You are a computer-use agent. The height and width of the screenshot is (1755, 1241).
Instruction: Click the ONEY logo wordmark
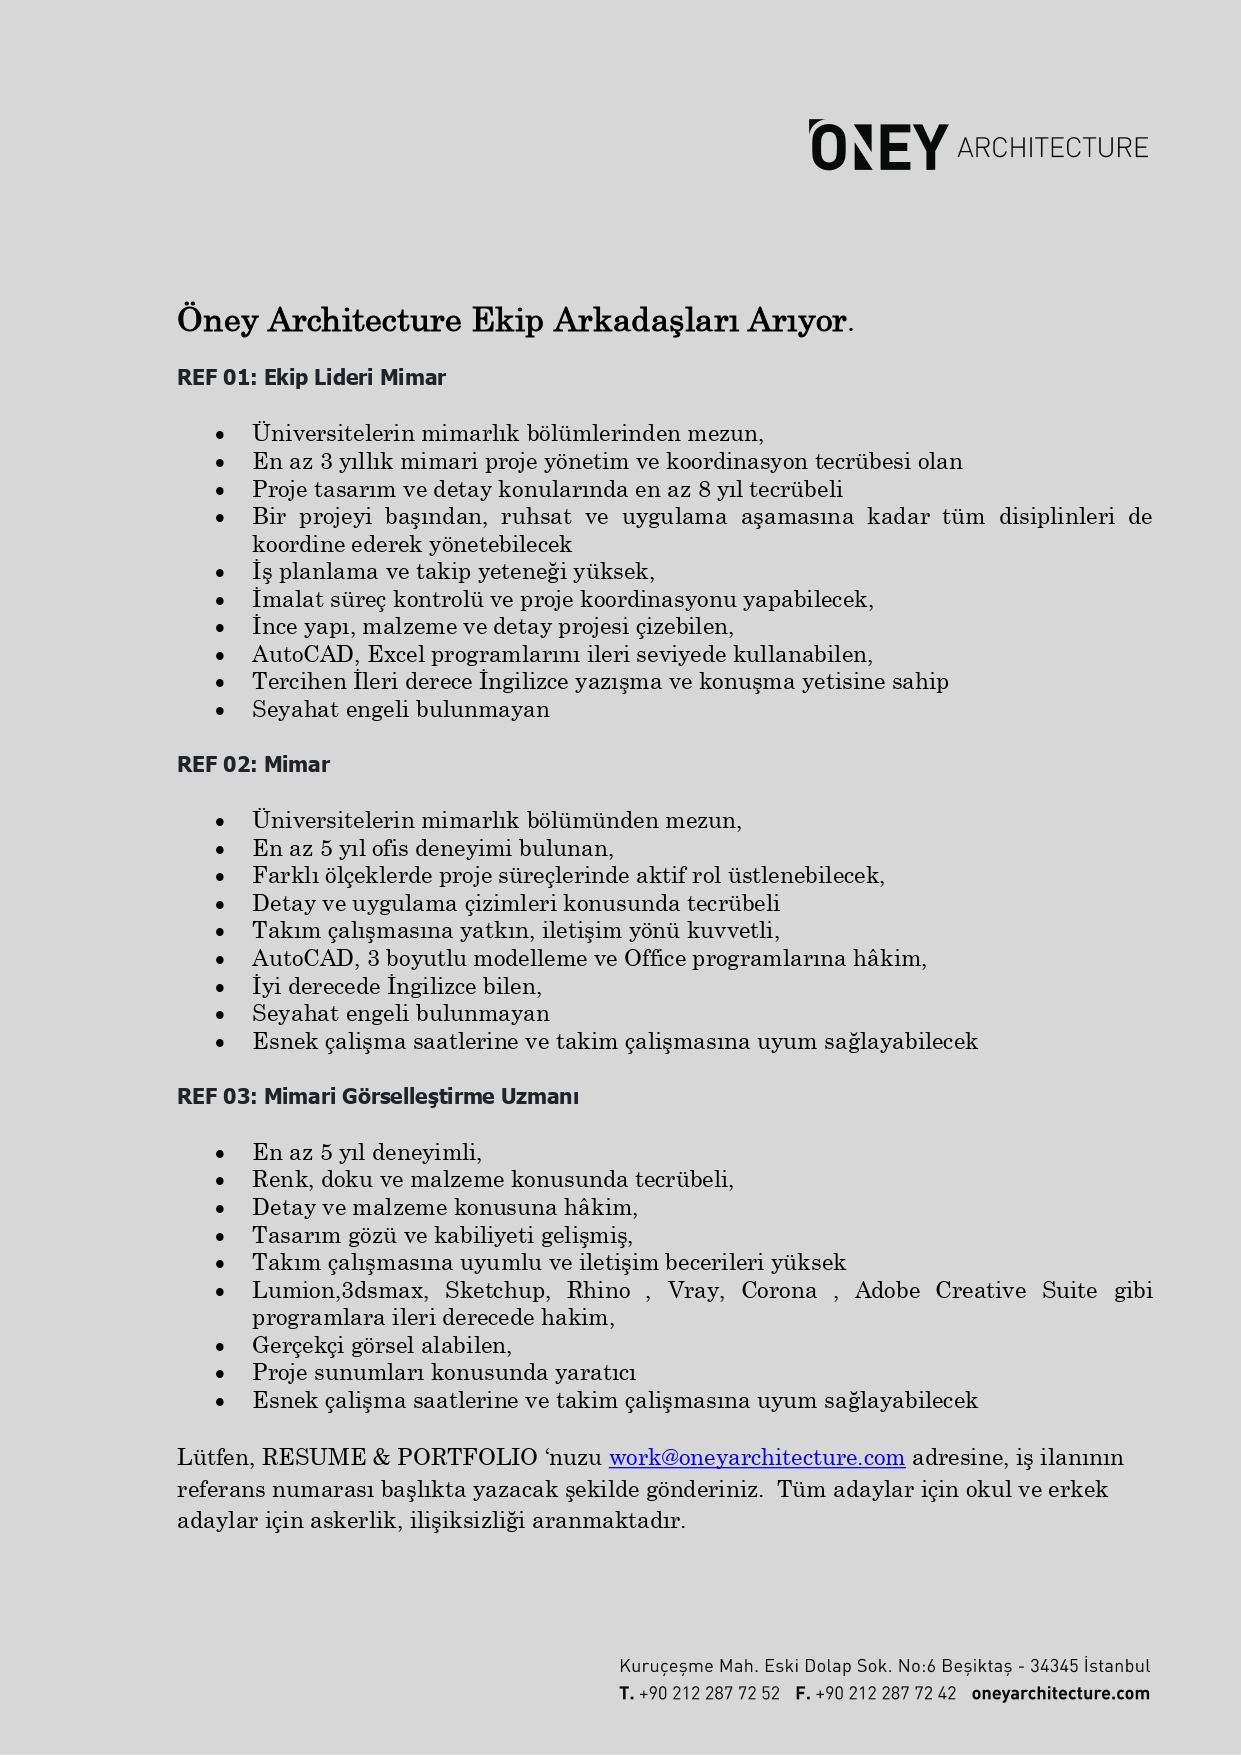pos(878,147)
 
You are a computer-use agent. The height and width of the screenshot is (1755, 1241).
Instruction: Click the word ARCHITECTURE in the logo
pos(1052,148)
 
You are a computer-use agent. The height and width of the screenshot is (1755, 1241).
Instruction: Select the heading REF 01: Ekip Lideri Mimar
pos(311,378)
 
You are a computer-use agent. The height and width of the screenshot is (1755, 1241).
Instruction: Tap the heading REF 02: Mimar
pos(253,765)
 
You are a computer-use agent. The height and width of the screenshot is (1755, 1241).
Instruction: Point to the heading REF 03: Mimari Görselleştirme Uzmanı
pos(377,1097)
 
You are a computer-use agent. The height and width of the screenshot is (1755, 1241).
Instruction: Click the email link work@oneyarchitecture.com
pos(756,1458)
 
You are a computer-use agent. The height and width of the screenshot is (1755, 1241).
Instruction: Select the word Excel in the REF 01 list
pos(396,655)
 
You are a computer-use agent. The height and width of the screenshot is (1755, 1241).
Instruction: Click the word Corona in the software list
pos(779,1291)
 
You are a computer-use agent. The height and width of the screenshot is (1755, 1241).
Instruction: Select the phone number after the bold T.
pos(709,1694)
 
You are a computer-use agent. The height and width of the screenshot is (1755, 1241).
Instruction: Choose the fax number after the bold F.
pos(885,1694)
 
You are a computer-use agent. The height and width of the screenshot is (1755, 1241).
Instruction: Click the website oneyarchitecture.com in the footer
pos(1060,1694)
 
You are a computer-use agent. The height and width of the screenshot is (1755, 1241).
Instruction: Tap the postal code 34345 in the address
pos(1054,1667)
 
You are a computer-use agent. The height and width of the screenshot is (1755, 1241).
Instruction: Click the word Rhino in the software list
pos(598,1291)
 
